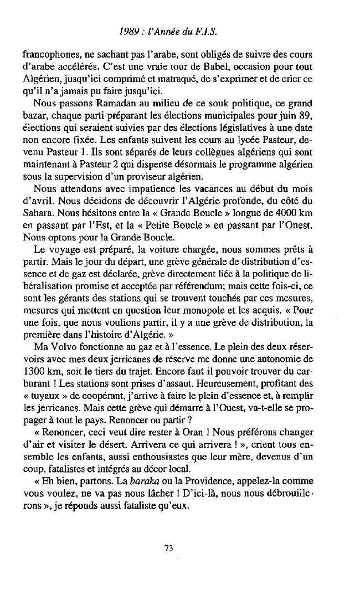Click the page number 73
click(x=169, y=548)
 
